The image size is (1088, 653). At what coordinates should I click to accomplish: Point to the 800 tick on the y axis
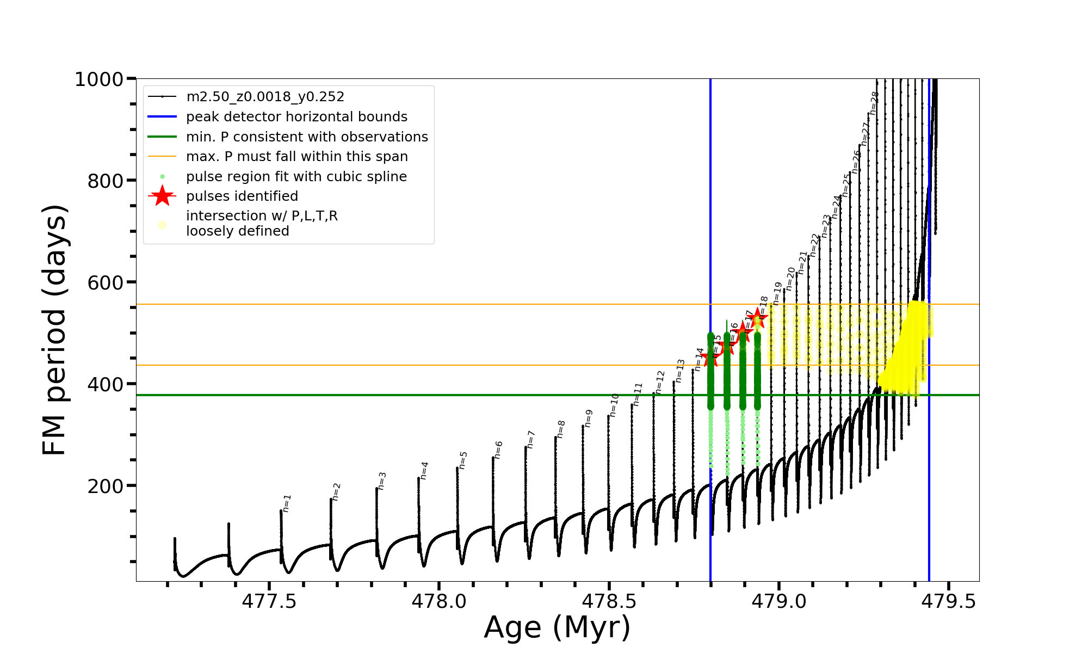(106, 181)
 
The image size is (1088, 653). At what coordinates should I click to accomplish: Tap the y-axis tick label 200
(106, 486)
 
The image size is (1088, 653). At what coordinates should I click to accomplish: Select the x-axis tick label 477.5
(269, 601)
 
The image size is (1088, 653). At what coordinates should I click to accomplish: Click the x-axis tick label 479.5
(949, 601)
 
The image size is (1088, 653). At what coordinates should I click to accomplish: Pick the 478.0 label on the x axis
(439, 601)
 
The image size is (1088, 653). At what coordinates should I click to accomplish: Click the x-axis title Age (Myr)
(557, 627)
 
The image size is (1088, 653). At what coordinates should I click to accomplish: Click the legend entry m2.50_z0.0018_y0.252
(265, 97)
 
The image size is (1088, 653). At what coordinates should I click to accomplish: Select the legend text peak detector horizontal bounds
(296, 117)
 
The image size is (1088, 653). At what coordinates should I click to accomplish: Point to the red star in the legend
(162, 196)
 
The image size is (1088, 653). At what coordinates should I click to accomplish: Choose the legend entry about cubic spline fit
(296, 177)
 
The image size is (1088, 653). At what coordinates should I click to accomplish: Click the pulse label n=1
(287, 503)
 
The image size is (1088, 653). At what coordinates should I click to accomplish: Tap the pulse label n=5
(463, 460)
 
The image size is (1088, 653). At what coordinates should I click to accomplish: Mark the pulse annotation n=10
(614, 405)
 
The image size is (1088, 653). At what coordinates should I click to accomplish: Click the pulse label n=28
(874, 103)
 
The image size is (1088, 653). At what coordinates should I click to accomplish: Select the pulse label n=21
(803, 263)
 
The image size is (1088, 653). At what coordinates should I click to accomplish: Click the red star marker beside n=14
(709, 359)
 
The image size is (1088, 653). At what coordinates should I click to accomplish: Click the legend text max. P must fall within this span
(296, 157)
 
